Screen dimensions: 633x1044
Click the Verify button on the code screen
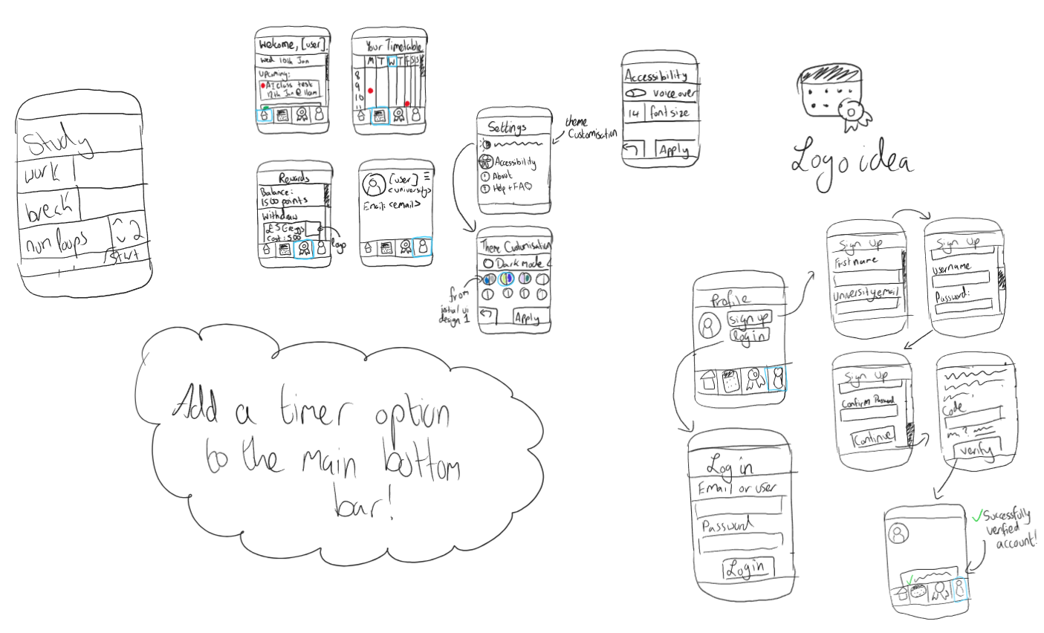click(976, 448)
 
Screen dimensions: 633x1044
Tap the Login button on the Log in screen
click(747, 568)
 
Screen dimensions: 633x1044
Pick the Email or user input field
click(738, 507)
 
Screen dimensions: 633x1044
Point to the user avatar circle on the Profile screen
click(710, 325)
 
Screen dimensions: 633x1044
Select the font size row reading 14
click(660, 113)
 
